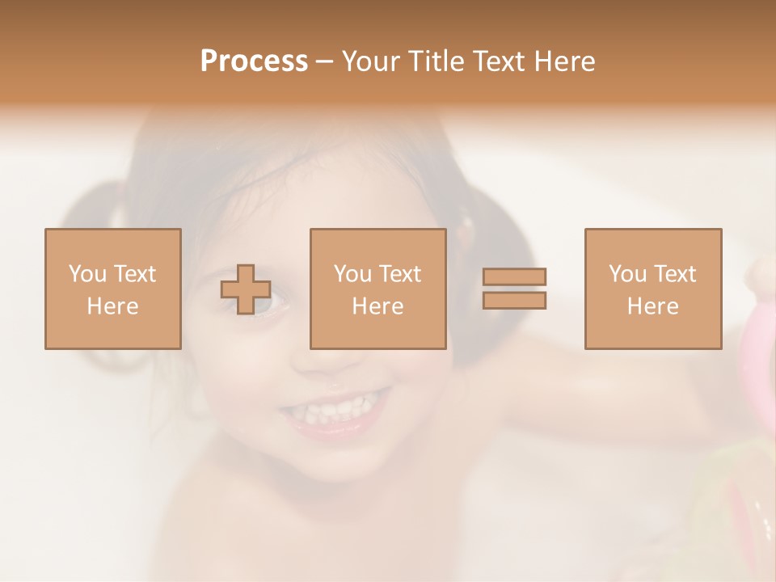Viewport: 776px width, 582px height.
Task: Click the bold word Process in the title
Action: (254, 61)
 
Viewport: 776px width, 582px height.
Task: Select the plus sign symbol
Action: (246, 289)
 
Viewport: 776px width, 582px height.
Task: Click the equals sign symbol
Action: (514, 289)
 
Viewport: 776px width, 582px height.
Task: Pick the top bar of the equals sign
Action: (514, 277)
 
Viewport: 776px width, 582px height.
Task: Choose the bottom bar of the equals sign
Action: (514, 300)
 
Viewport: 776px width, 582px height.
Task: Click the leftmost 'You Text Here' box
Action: (112, 289)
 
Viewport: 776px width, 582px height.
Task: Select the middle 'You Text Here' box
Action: (377, 289)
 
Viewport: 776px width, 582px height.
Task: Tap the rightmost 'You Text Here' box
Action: (652, 289)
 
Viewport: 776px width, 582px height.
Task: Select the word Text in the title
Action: (500, 61)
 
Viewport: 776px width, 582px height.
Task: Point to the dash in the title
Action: (325, 61)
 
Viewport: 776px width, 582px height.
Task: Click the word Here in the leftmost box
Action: (112, 306)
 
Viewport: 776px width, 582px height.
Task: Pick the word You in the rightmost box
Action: (627, 274)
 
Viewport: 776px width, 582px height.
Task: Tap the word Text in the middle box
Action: (400, 274)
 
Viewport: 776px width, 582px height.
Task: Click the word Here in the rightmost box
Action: (652, 306)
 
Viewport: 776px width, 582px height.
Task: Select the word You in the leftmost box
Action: (87, 274)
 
